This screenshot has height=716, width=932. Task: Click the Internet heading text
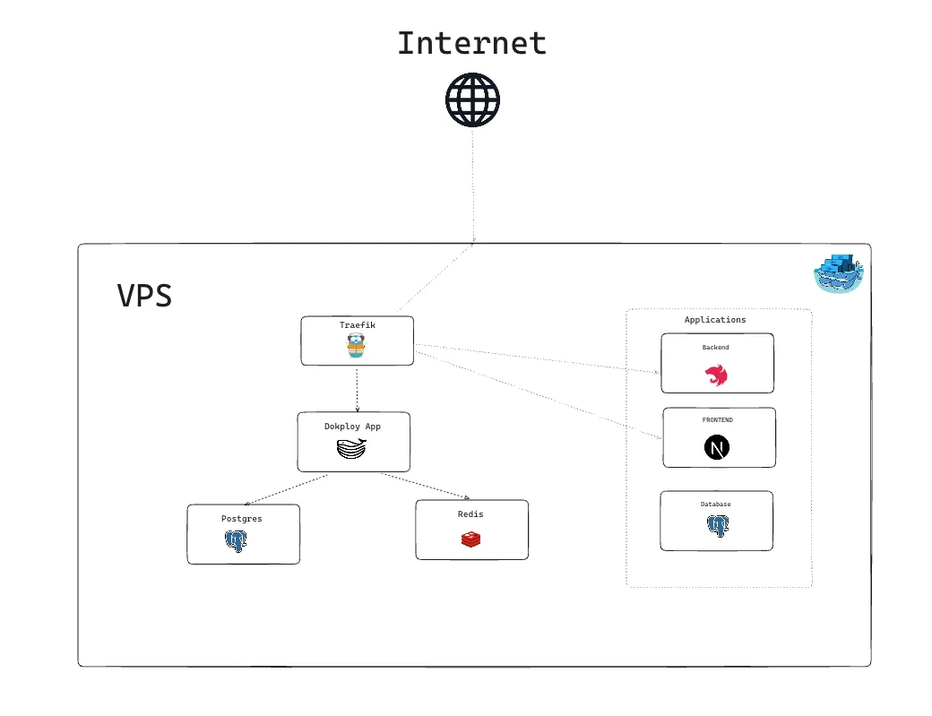click(x=471, y=43)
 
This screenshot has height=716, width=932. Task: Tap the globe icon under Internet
click(x=472, y=99)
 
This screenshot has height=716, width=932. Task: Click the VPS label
click(x=144, y=296)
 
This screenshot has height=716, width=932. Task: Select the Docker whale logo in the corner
click(x=839, y=273)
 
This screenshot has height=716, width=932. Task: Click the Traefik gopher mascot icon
click(x=357, y=345)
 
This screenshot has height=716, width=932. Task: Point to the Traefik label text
click(x=358, y=325)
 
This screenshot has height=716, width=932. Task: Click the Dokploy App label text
click(x=352, y=427)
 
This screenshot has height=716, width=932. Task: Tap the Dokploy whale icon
click(x=352, y=449)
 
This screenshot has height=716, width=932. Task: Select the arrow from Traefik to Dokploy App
click(x=357, y=389)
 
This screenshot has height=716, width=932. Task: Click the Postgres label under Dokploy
click(x=242, y=519)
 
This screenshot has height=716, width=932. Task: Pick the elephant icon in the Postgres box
click(x=236, y=541)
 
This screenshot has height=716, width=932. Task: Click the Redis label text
click(x=470, y=514)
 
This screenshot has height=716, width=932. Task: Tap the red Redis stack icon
click(x=471, y=539)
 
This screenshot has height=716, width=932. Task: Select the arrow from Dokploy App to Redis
click(x=426, y=486)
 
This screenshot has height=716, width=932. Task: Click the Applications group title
click(x=715, y=320)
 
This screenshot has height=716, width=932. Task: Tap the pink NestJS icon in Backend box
click(x=716, y=375)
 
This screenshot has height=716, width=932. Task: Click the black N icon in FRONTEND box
click(x=716, y=447)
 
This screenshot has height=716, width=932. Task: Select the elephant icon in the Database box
click(x=716, y=527)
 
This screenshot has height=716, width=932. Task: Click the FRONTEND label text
click(x=717, y=420)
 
